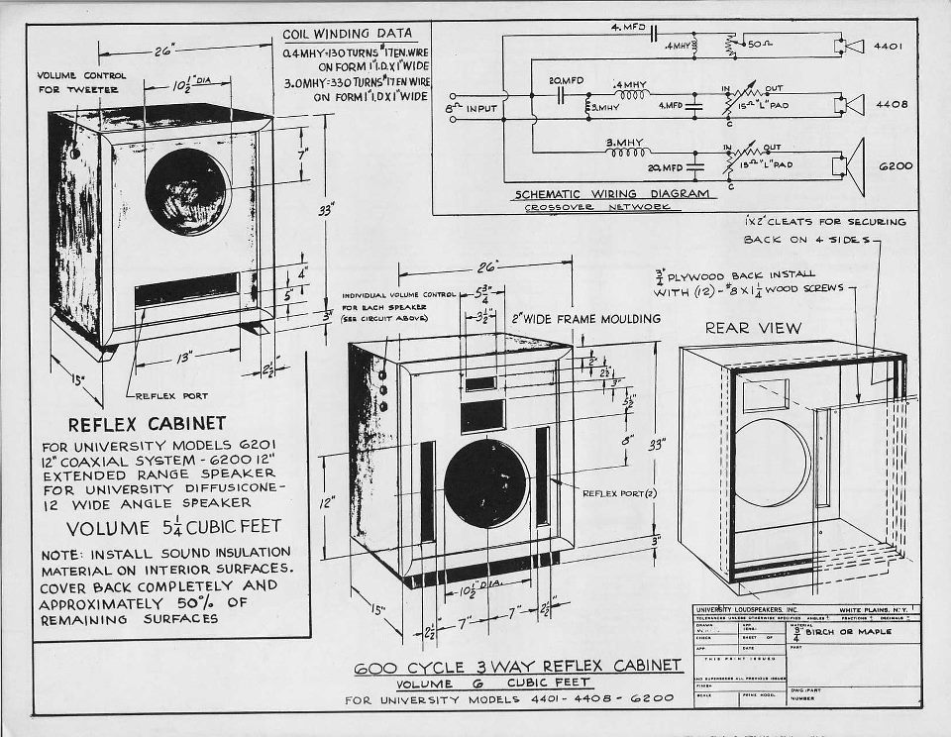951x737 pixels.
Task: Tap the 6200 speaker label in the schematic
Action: point(895,166)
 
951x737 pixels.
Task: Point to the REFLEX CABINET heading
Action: point(147,423)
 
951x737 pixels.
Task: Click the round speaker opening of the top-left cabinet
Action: point(186,192)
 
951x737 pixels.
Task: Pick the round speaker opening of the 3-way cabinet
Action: point(486,483)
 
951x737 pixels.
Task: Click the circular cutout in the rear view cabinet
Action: point(770,463)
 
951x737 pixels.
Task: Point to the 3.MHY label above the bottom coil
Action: point(628,143)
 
